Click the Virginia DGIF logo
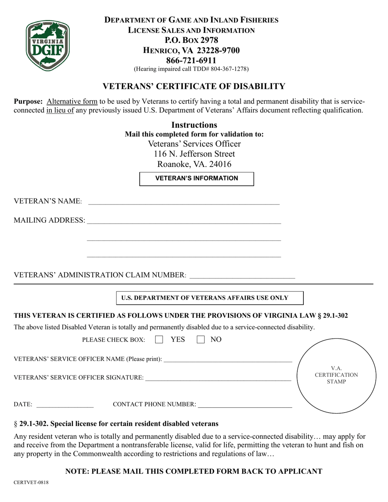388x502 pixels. point(48,46)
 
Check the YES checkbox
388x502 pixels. point(160,340)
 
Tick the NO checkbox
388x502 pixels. point(201,340)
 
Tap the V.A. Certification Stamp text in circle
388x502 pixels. point(336,375)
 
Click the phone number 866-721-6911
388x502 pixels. point(192,60)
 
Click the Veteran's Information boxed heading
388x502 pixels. point(196,178)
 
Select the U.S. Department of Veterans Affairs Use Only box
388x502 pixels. point(210,298)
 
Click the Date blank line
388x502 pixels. point(65,404)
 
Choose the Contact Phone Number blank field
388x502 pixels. point(245,404)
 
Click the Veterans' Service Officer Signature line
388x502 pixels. point(218,378)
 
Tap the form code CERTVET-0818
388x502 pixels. point(31,482)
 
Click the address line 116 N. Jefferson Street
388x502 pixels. point(194,154)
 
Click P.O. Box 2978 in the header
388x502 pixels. point(191,40)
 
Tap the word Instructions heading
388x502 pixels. point(194,125)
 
